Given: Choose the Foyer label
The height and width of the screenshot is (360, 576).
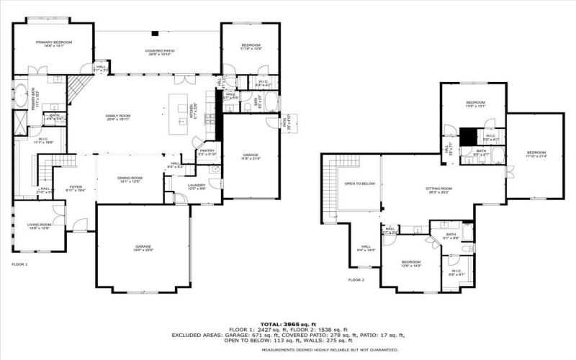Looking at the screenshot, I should pos(76,189).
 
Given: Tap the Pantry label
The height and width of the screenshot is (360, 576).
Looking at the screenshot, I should pos(207,152).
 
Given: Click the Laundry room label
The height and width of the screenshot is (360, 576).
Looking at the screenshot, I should pos(197,186).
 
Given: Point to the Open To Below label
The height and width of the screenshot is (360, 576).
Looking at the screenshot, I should pos(360,184).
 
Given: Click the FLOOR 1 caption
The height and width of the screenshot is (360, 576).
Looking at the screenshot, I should pos(19,265).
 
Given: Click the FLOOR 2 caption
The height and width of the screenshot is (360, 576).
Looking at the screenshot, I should pos(356,279).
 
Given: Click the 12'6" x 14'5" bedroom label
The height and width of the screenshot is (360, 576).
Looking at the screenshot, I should pos(411,264).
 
